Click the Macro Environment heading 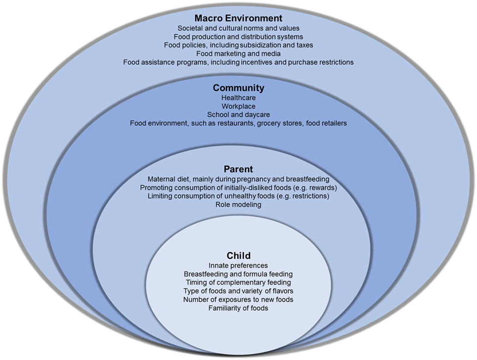(238, 19)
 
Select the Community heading (238, 88)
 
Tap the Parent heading (238, 170)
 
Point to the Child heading (238, 256)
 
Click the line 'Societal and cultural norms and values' (238, 28)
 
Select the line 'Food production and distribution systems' (238, 37)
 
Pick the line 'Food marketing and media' (238, 53)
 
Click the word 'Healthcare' (238, 98)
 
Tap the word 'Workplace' (238, 106)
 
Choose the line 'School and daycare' (238, 115)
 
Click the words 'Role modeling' (238, 205)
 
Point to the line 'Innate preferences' (238, 266)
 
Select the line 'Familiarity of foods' (238, 308)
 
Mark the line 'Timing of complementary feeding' (238, 282)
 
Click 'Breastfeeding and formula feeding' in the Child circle (238, 274)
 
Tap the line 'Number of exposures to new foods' (238, 300)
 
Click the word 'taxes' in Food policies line (304, 45)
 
